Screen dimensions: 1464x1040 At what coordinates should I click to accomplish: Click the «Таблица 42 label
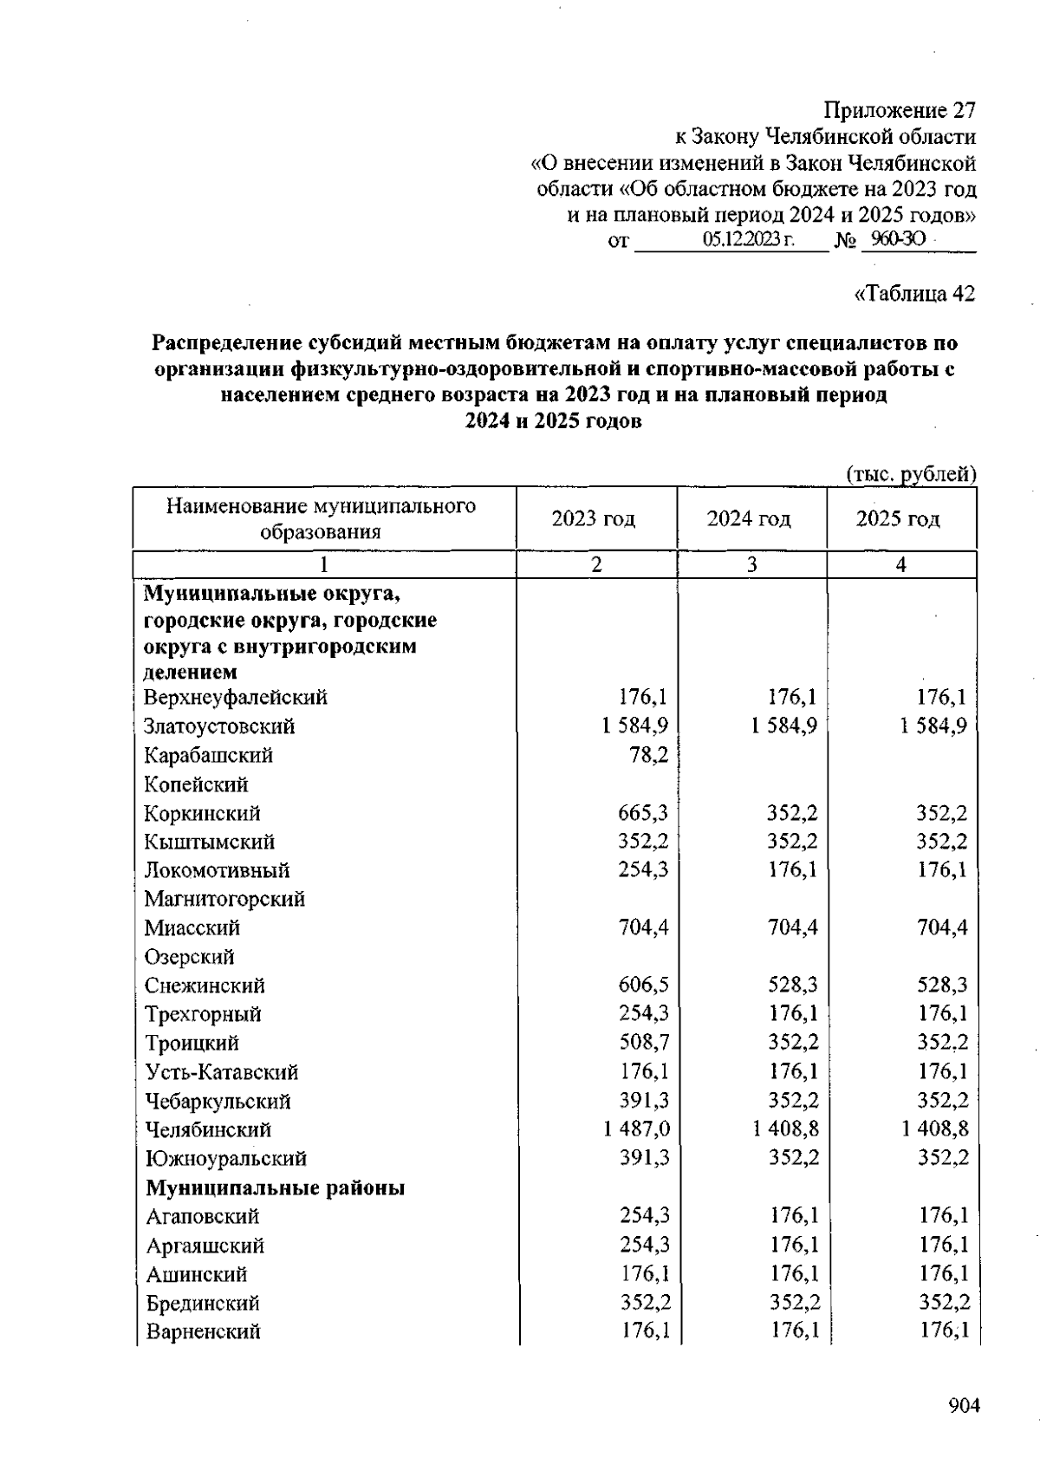(x=914, y=294)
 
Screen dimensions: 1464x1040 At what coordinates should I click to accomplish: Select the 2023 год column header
(x=594, y=518)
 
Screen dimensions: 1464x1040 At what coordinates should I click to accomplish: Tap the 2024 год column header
(x=749, y=518)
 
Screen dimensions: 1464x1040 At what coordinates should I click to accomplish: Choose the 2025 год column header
(x=898, y=518)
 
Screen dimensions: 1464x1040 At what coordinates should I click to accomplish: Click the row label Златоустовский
(x=219, y=726)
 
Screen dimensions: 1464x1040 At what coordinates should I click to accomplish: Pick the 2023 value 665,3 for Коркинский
(x=643, y=813)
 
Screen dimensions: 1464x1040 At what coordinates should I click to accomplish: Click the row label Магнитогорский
(x=224, y=899)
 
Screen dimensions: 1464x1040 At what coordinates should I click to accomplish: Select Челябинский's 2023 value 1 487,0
(x=636, y=1129)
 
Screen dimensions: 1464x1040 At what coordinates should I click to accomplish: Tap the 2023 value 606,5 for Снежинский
(x=643, y=986)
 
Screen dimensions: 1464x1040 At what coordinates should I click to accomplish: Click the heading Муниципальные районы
(x=275, y=1187)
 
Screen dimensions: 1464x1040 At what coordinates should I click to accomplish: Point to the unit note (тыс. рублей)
(x=910, y=474)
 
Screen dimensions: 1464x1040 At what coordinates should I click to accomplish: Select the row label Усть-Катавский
(x=221, y=1072)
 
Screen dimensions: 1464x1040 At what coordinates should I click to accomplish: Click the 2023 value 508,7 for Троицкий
(x=643, y=1043)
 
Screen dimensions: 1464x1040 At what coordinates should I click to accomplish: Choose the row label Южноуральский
(x=225, y=1159)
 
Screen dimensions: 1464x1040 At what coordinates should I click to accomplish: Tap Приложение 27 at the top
(x=899, y=111)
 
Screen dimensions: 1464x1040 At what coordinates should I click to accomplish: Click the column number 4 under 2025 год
(x=901, y=565)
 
